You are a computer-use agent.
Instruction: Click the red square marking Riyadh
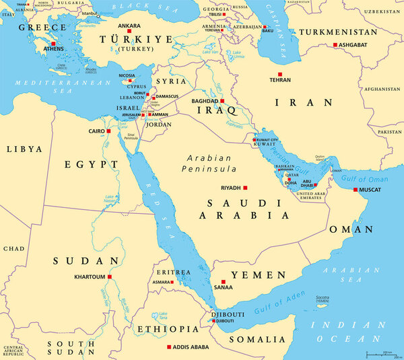tap(246, 188)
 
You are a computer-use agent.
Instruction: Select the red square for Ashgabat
tap(335, 45)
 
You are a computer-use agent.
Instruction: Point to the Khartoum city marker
tap(110, 276)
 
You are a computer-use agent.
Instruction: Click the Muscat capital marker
tap(356, 190)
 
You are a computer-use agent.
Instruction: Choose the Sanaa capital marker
tap(223, 282)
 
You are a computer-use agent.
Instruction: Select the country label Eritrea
tap(174, 273)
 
